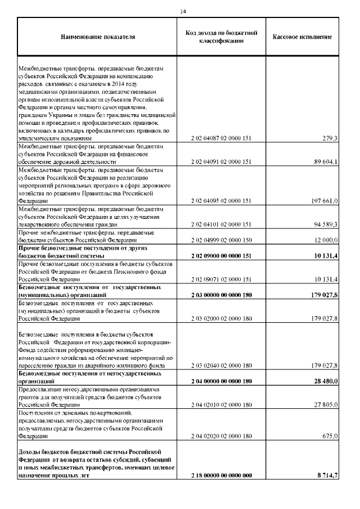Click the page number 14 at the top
click(183, 11)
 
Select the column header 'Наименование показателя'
click(98, 37)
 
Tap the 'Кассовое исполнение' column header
click(302, 37)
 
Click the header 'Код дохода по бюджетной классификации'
click(221, 37)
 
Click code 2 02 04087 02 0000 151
click(221, 138)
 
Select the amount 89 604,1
click(326, 161)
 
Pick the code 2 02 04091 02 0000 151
click(221, 161)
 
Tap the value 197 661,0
click(324, 200)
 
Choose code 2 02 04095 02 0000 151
click(221, 200)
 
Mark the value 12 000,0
click(326, 240)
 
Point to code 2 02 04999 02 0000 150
click(221, 240)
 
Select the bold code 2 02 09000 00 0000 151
click(221, 256)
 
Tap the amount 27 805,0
click(326, 404)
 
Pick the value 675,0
click(330, 435)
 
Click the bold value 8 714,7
click(327, 475)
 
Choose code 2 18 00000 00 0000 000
click(221, 475)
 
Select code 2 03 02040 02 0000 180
click(221, 365)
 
